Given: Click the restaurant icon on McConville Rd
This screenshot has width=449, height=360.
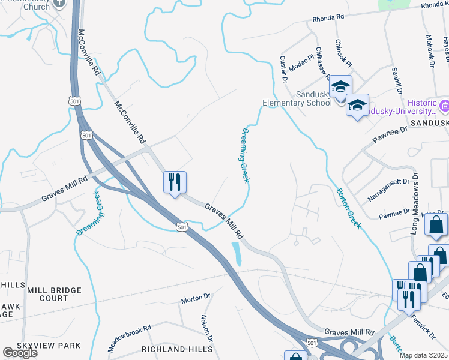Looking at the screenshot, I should point(175,182).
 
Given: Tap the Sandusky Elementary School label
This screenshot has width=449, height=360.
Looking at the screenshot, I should point(297,98).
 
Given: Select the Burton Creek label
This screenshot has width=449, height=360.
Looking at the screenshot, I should point(348,208).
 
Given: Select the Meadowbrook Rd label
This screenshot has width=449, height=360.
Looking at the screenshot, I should point(129,338).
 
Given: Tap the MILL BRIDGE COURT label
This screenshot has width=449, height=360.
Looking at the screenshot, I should point(54,294).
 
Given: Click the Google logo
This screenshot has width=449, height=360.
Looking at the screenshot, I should point(20,352).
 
